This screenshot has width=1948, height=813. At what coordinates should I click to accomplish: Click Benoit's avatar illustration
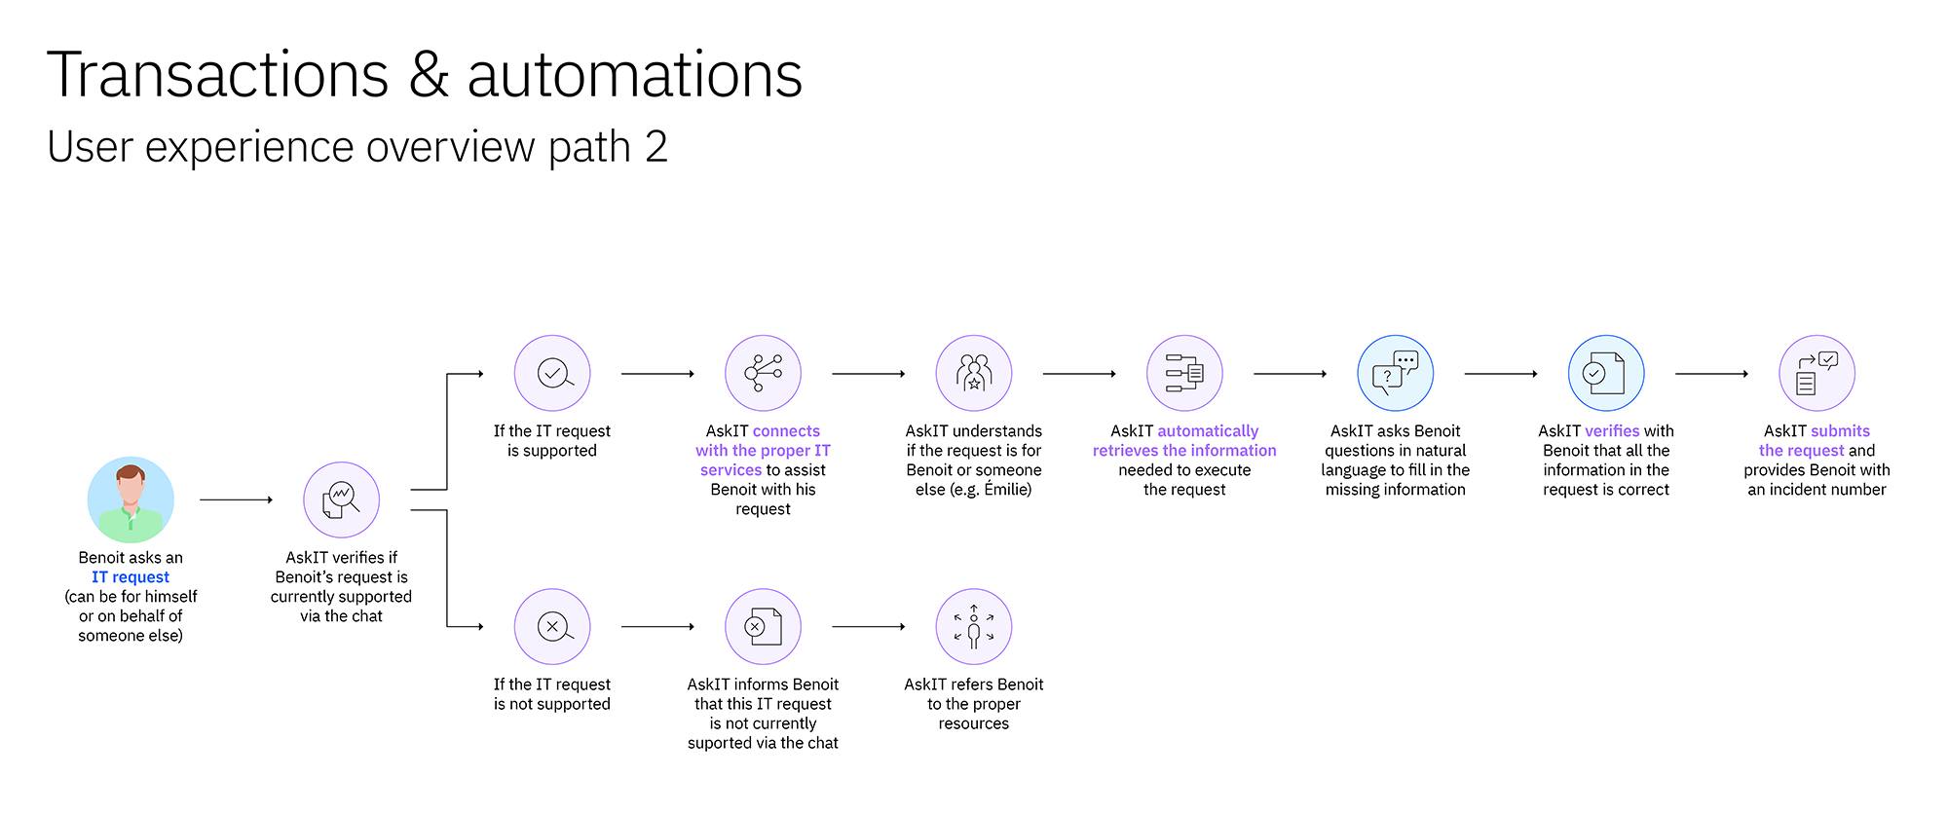(131, 499)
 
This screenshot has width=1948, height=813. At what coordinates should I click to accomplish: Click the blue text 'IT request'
(131, 577)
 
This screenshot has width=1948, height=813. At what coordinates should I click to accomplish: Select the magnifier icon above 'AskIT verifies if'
(341, 499)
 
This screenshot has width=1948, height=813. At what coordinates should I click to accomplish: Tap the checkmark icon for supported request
(552, 373)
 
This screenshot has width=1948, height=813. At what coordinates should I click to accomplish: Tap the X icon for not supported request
(552, 626)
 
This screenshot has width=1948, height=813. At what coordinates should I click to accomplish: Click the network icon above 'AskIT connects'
(763, 373)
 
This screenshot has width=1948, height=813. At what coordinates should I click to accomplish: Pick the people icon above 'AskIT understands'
(974, 373)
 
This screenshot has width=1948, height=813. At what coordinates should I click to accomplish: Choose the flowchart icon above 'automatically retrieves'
(1184, 373)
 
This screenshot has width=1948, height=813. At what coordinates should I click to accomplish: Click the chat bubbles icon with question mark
(1396, 373)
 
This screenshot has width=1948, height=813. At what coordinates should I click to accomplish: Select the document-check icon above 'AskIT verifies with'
(1606, 373)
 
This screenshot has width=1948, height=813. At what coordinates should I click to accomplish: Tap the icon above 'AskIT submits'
(1817, 373)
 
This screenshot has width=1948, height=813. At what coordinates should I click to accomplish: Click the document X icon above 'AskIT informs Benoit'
(763, 626)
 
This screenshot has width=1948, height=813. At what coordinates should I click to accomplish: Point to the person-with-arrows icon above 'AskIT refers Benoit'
(974, 626)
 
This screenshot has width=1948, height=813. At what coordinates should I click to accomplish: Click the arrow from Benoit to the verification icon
(237, 499)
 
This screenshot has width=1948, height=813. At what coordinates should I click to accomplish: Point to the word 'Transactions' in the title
(218, 75)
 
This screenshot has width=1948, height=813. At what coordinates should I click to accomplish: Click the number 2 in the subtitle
(656, 147)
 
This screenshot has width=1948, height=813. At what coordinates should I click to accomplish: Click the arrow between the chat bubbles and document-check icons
(1501, 374)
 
